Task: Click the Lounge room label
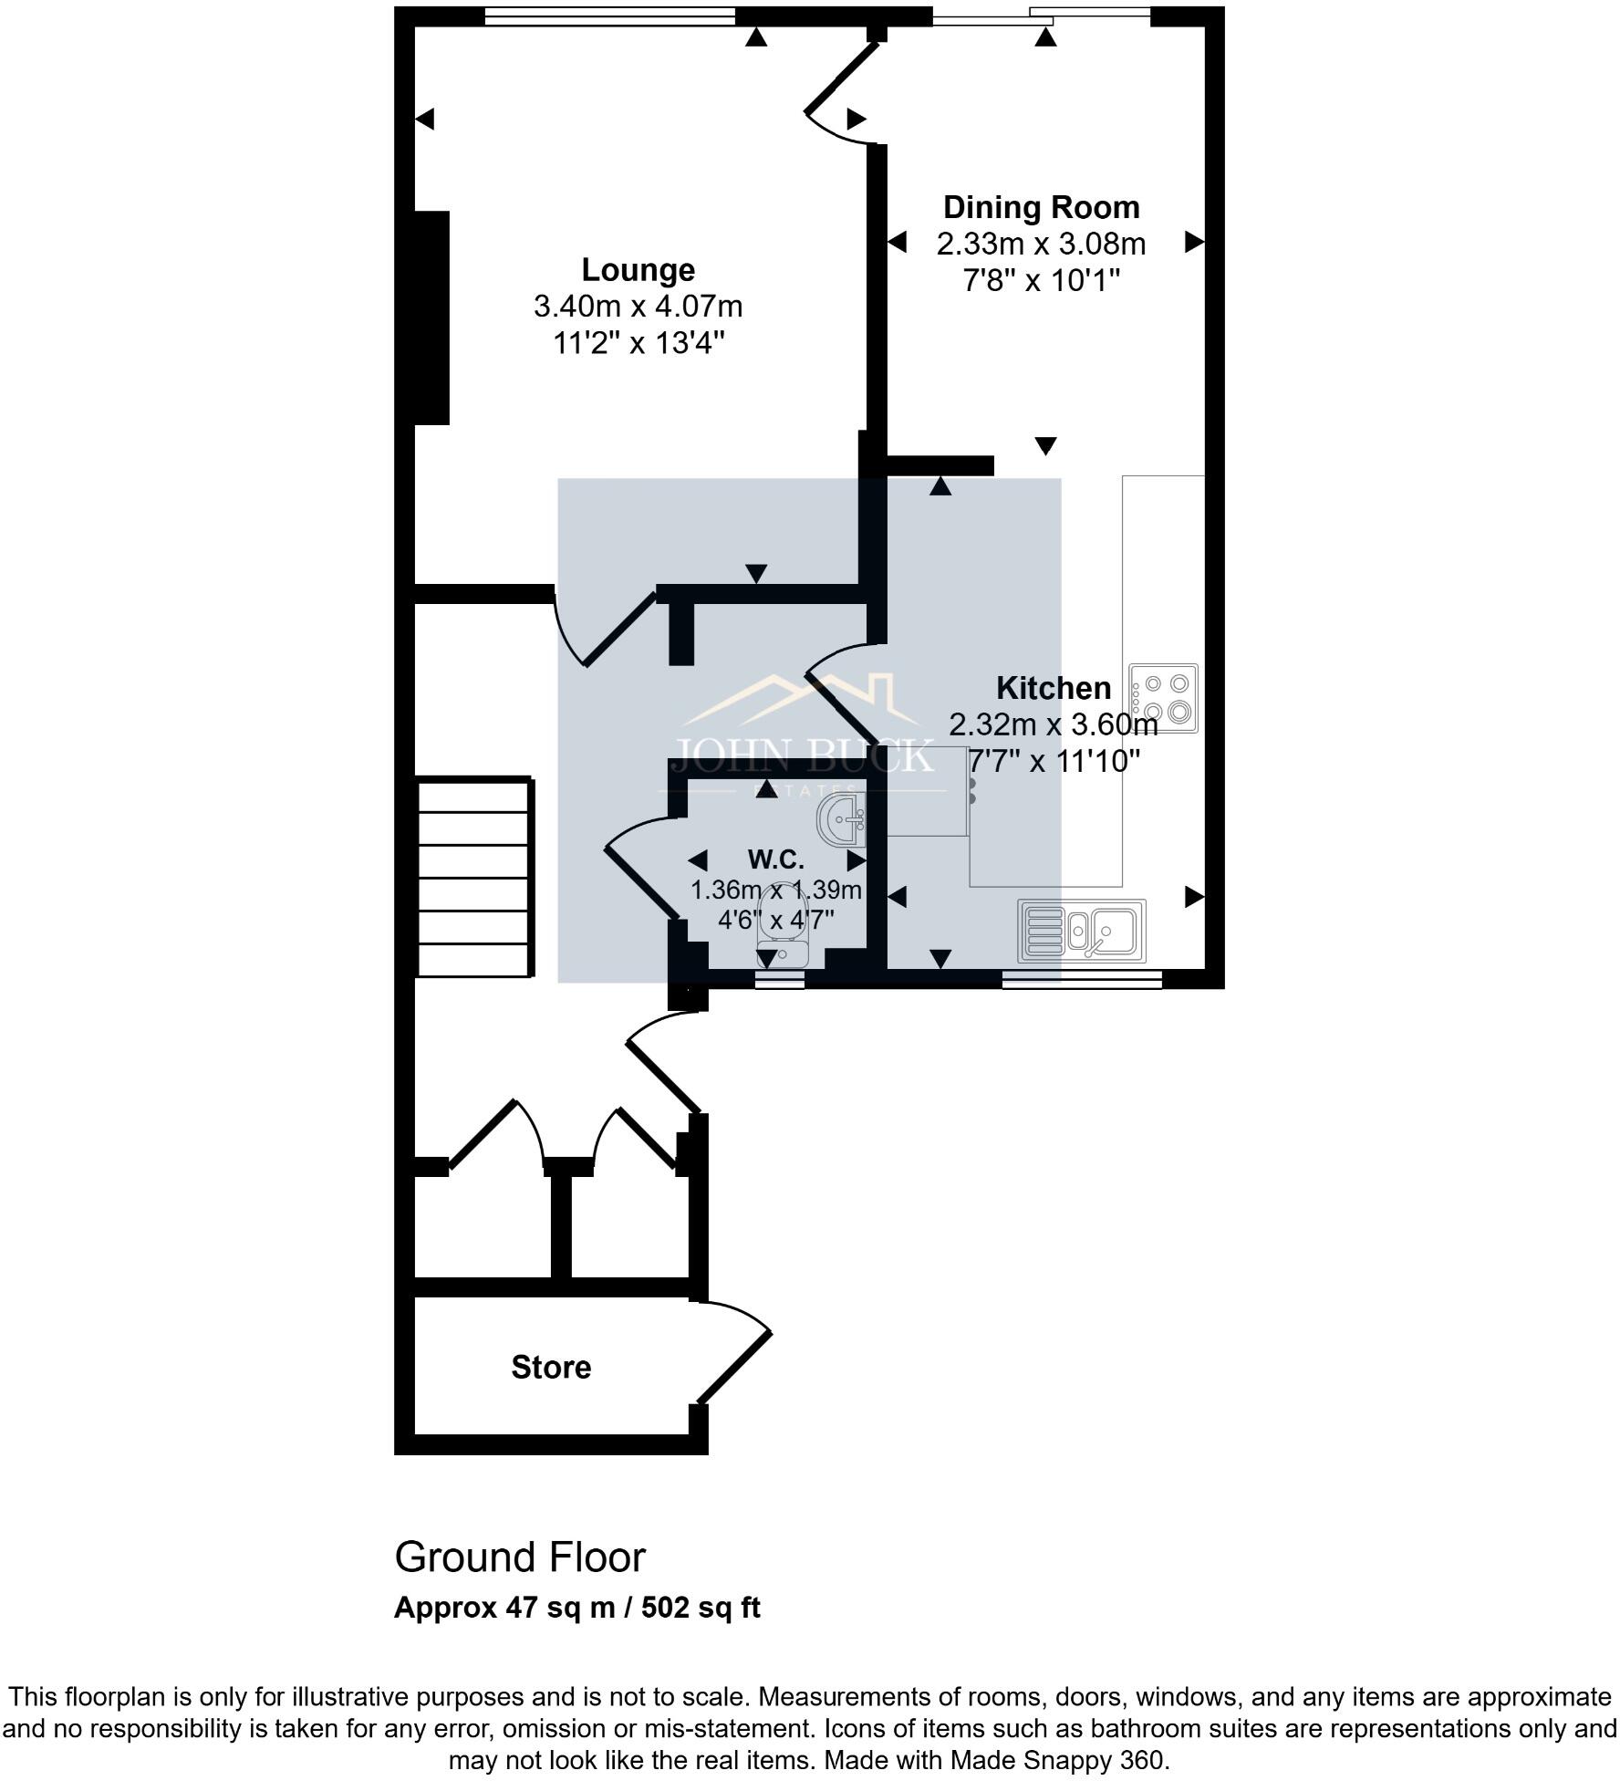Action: point(638,270)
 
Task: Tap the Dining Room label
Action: point(1041,208)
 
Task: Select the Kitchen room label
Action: point(1053,688)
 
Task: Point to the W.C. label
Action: point(775,859)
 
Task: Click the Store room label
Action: point(551,1367)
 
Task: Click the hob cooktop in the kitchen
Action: point(1164,698)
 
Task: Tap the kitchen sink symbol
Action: point(1082,931)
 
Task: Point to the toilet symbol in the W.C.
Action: point(782,940)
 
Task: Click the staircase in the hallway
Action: point(474,876)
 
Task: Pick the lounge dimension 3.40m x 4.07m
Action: point(638,307)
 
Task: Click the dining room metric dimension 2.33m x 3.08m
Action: point(1041,245)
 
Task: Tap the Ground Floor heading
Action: point(520,1557)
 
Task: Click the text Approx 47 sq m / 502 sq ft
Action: point(576,1608)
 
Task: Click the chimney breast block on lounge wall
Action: point(432,318)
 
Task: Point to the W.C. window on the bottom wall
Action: point(780,980)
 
